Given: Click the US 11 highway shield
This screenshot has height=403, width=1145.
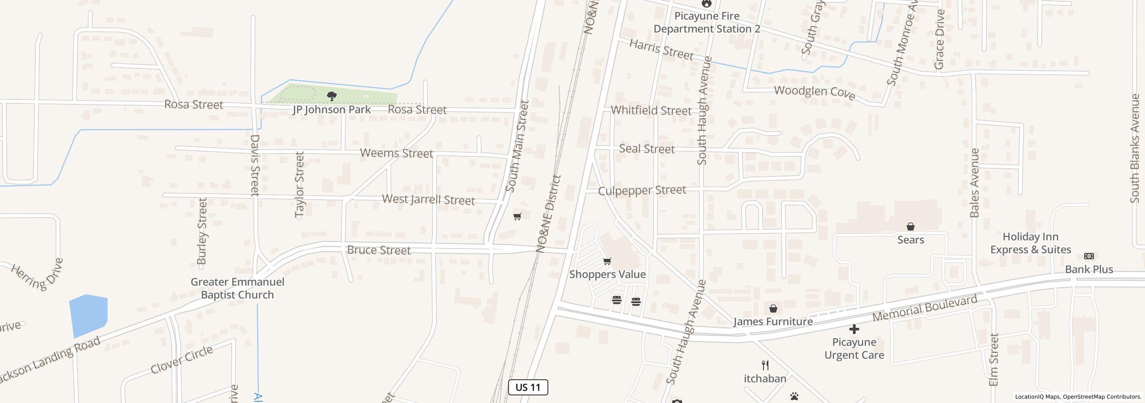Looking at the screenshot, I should coord(528,387).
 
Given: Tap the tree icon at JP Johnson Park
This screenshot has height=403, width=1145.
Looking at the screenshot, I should coord(331,96).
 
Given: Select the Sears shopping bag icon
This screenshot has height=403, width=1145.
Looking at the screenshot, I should coord(910,227).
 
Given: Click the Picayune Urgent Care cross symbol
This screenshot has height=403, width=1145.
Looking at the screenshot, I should coord(854,329).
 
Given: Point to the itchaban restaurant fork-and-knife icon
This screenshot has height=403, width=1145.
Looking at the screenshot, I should coord(765,365).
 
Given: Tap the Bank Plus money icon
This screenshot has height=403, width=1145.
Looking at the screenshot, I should coord(1089,256).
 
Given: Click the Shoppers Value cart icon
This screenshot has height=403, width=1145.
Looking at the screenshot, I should coord(607,261).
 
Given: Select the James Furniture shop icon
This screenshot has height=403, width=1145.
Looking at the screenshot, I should coord(773,309).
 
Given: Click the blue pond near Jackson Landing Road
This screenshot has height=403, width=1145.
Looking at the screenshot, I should coord(88,315).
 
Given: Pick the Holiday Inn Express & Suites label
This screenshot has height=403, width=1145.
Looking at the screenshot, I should coord(1030,243).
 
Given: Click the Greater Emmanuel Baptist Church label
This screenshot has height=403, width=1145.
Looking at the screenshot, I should coord(237,288).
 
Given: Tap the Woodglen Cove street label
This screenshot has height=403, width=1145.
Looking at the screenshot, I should coord(814,93).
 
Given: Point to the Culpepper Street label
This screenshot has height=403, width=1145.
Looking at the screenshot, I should coord(642,190).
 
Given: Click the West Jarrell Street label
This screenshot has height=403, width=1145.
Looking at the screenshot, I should coord(428,199).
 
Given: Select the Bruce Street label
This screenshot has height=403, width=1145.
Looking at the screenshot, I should coord(378,250).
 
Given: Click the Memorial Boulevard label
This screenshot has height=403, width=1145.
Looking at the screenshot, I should coord(924,309).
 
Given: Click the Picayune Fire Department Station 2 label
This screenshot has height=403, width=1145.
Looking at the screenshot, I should coord(706,22).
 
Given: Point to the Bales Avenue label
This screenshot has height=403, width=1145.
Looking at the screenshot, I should coord(975,183).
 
